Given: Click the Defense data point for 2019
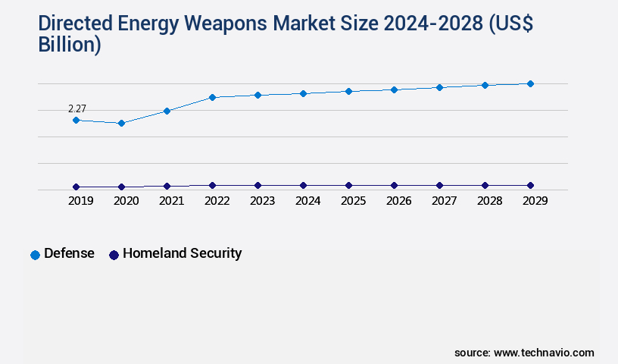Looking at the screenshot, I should [76, 120].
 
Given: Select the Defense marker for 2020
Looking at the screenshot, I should [121, 123].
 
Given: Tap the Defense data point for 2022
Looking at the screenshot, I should [212, 97].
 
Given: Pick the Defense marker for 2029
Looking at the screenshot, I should [530, 83].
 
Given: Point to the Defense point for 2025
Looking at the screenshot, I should [348, 91].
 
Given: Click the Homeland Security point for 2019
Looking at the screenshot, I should [76, 187].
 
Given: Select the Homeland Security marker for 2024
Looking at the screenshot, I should [303, 185].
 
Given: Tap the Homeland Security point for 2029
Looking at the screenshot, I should [530, 185].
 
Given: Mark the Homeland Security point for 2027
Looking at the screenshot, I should [439, 185].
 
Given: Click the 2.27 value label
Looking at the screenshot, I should [76, 109].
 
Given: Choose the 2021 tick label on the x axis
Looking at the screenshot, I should [171, 201].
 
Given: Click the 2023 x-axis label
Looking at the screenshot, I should [262, 201].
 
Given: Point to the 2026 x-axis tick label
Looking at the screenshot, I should [398, 201].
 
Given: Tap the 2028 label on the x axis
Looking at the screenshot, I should [489, 201].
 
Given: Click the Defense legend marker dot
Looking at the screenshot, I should [35, 255].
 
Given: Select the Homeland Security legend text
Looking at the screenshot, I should [182, 253].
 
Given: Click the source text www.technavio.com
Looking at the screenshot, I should [544, 353].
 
